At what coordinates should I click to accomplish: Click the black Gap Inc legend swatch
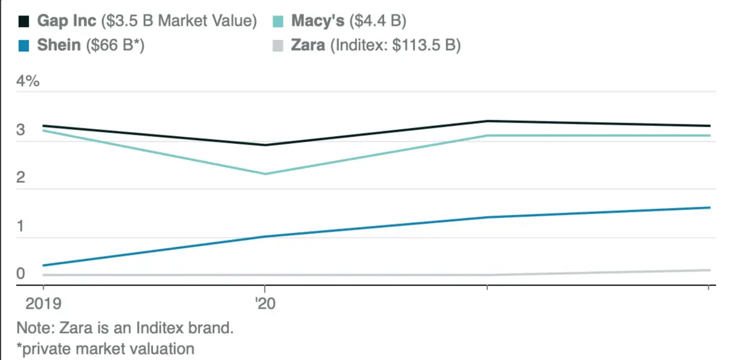[x=24, y=22]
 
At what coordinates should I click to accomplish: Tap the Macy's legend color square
[x=278, y=22]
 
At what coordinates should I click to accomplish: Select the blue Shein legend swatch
[x=24, y=46]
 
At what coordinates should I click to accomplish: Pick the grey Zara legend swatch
[x=278, y=46]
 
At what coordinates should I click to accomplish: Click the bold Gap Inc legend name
[x=67, y=21]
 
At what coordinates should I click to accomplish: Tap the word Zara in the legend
[x=308, y=45]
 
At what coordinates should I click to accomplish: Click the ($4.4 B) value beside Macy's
[x=377, y=21]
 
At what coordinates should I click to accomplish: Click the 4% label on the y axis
[x=28, y=82]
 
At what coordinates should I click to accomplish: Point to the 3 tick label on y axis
[x=20, y=130]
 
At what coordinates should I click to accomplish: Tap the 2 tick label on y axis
[x=20, y=178]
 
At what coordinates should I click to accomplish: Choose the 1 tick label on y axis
[x=20, y=226]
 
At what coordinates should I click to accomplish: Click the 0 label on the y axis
[x=20, y=274]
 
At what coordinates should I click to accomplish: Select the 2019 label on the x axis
[x=35, y=304]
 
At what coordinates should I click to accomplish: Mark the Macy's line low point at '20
[x=265, y=174]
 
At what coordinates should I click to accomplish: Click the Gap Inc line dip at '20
[x=265, y=145]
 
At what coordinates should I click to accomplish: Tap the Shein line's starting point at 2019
[x=43, y=266]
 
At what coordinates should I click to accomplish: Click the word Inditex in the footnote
[x=165, y=327]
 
